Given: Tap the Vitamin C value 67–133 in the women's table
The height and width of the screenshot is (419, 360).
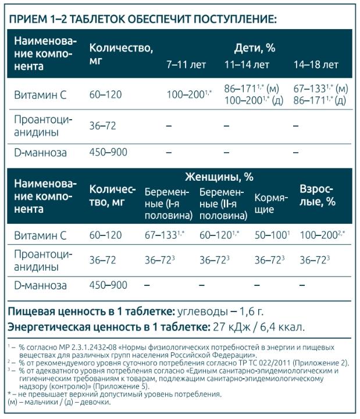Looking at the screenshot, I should click(163, 235).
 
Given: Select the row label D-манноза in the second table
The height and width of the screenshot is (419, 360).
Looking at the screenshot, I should click(40, 285).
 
